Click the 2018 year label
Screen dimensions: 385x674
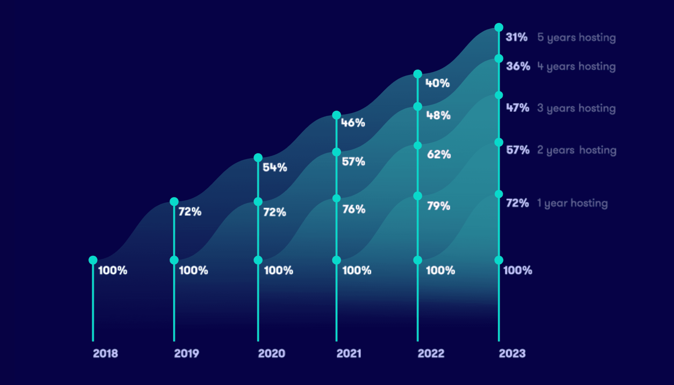(x=105, y=354)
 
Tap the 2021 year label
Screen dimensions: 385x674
(x=349, y=354)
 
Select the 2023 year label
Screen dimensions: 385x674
(x=512, y=354)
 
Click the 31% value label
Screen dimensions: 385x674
(x=516, y=37)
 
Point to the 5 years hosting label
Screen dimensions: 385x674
(x=576, y=37)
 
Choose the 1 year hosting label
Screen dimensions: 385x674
(x=572, y=203)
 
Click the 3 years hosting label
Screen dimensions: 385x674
(x=576, y=108)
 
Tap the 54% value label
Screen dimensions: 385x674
(x=275, y=167)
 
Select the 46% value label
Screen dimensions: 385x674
(x=353, y=123)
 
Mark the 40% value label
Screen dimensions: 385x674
(x=437, y=83)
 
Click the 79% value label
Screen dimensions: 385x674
(x=438, y=206)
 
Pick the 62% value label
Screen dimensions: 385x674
(x=439, y=154)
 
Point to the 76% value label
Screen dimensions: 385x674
(x=353, y=209)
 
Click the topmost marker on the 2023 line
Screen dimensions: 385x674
(x=499, y=27)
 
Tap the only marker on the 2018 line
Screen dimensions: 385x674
(x=93, y=260)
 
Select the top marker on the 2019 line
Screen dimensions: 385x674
(x=174, y=202)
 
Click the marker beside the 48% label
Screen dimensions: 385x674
(x=418, y=107)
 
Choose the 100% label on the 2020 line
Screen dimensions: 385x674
(x=278, y=270)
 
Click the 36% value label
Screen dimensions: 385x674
(x=518, y=66)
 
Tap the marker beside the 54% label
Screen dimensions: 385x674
(x=258, y=158)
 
